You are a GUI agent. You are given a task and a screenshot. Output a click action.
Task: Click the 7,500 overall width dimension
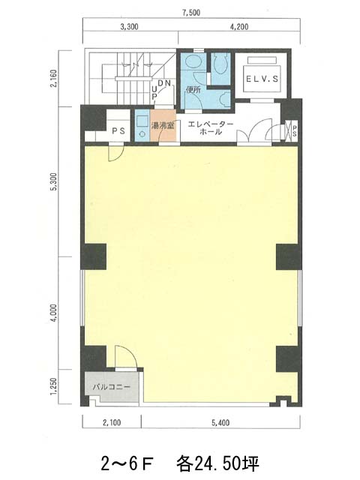(x=191, y=13)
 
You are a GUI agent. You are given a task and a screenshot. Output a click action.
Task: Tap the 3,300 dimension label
(x=129, y=27)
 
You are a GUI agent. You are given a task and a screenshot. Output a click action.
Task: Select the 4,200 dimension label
(x=239, y=27)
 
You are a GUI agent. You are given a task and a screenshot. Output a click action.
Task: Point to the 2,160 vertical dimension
(x=53, y=79)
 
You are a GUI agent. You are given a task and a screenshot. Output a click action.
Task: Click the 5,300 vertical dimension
(x=53, y=182)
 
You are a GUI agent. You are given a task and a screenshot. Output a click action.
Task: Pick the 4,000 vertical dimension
(x=53, y=313)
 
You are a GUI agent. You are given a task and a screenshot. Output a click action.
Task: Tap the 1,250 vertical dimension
(x=53, y=387)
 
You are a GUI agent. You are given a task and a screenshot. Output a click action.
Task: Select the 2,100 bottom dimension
(x=112, y=423)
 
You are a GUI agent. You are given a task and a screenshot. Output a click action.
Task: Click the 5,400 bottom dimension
(x=220, y=423)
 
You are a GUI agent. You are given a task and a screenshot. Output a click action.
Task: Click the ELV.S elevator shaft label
(x=262, y=79)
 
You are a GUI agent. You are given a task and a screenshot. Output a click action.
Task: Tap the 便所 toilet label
(x=193, y=90)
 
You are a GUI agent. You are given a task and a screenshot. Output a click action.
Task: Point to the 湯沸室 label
(x=163, y=125)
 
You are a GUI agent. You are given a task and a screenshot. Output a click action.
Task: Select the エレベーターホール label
(x=211, y=128)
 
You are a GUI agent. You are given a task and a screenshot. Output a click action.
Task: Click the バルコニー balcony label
(x=112, y=387)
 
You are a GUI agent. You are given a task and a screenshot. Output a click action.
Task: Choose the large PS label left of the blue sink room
(x=118, y=131)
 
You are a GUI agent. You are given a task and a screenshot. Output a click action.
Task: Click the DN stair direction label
(x=164, y=83)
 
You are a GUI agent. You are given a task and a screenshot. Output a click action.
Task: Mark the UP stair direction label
(x=154, y=92)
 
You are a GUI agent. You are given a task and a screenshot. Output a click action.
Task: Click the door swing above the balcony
(x=126, y=357)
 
